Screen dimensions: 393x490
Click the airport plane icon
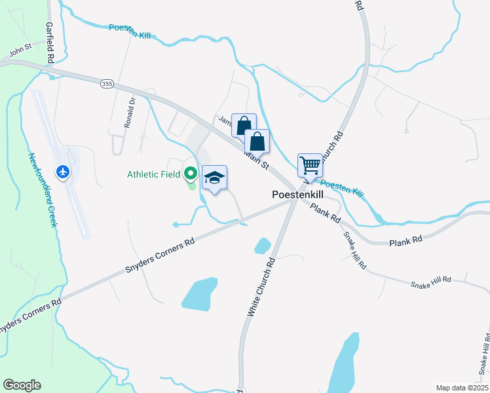click(63, 172)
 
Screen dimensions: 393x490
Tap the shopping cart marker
click(309, 165)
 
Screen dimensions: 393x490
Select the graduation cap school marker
click(214, 178)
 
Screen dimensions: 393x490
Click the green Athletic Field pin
click(191, 174)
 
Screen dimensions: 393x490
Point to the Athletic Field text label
click(153, 174)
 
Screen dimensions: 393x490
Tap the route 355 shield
click(107, 83)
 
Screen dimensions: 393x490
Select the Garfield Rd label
click(49, 42)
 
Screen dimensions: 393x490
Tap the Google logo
click(22, 385)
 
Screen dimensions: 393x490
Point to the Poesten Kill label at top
click(130, 31)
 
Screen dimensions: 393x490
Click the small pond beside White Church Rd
click(262, 246)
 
